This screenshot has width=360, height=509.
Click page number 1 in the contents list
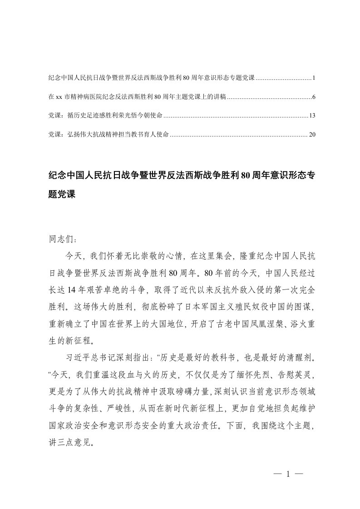(314, 78)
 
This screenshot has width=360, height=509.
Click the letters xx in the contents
(58, 98)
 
